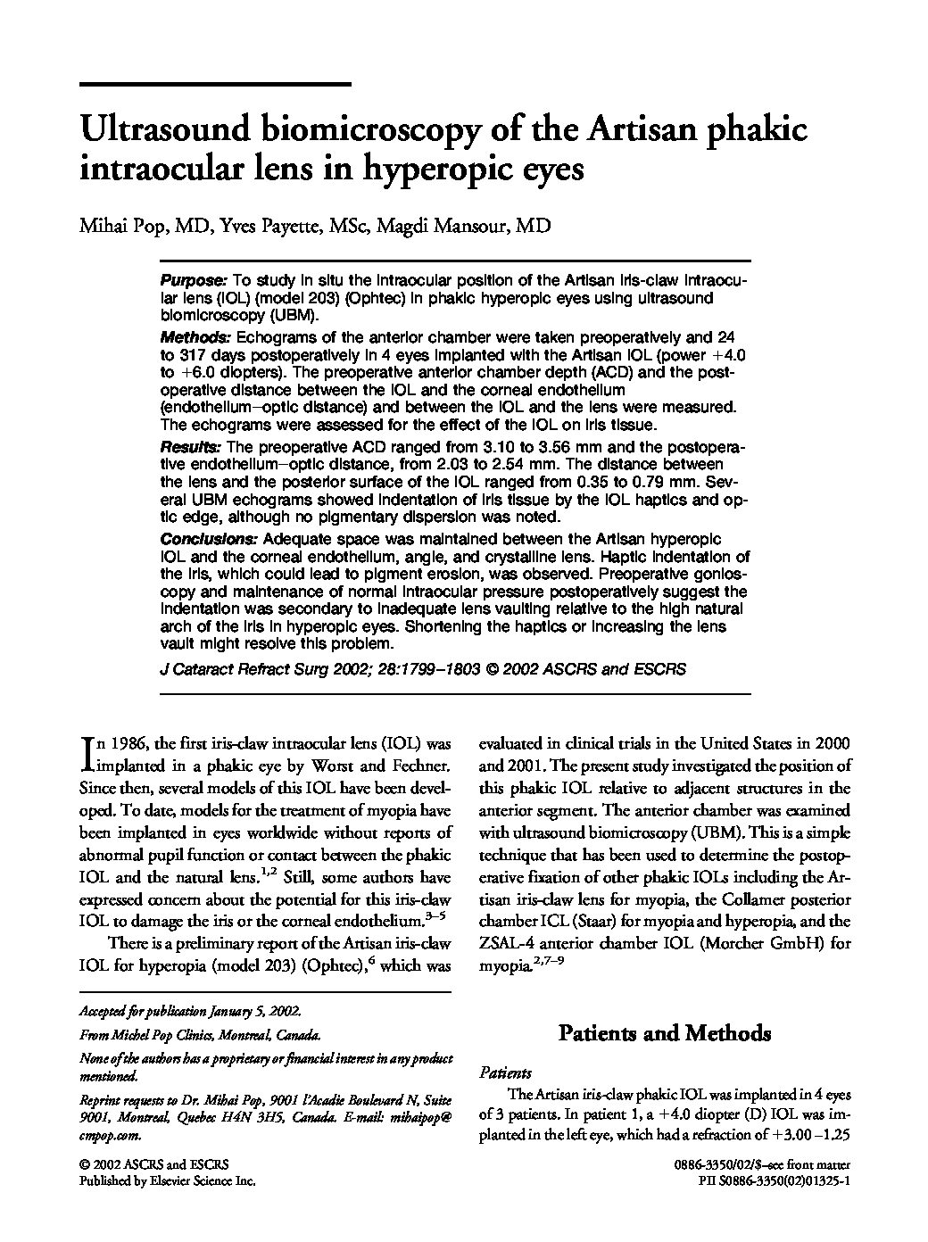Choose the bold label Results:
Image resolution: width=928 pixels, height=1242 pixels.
(190, 446)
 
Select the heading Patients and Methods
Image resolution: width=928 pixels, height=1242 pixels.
(664, 1033)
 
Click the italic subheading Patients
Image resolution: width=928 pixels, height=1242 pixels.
(505, 1072)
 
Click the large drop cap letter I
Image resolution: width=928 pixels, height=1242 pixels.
(87, 752)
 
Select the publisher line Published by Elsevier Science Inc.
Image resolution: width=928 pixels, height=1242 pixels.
(168, 1180)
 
